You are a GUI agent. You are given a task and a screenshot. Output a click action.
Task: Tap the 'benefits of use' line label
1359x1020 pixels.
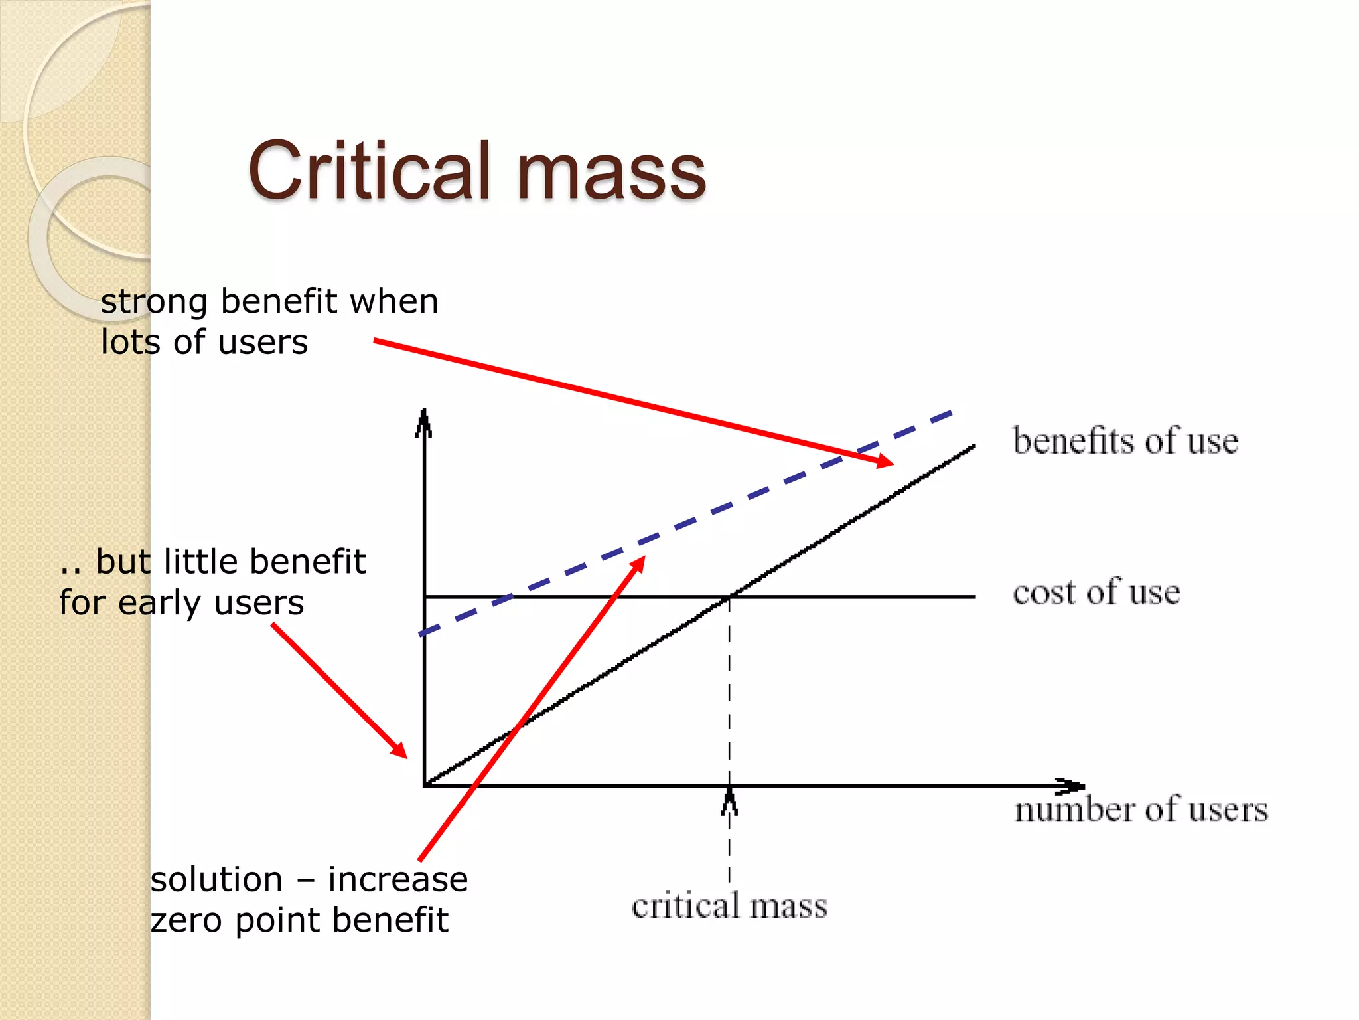tap(1125, 441)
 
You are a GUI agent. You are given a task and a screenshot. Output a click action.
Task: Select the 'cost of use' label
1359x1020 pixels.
tap(1096, 592)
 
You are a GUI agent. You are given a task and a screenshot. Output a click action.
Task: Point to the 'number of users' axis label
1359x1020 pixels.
tap(1141, 809)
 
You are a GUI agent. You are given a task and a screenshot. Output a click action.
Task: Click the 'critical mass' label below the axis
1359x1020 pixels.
tap(729, 906)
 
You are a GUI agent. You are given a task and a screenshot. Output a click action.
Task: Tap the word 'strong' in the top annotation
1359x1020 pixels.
tap(154, 303)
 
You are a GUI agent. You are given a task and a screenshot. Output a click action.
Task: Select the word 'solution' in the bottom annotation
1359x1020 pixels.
tap(216, 880)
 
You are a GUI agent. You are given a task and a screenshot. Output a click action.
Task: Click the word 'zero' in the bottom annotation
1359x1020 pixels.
tap(186, 921)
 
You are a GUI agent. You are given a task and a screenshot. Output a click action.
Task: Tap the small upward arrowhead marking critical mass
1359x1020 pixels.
tap(729, 800)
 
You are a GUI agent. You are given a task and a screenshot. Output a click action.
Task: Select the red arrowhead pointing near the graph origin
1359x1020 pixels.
tap(399, 750)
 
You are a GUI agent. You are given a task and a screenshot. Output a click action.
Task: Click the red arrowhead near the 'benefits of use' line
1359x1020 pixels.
tap(885, 460)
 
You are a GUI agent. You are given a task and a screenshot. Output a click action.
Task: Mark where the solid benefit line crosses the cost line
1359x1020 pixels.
tap(729, 597)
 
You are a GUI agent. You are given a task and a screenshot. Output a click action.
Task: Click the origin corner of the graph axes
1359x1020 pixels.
tap(424, 786)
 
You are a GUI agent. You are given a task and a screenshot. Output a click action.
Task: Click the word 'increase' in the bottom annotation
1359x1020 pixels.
tap(398, 880)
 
